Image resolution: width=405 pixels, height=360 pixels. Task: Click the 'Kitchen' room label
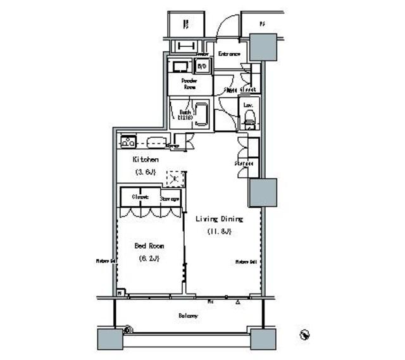pyautogui.click(x=145, y=161)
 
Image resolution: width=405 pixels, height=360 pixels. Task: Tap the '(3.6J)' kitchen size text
pyautogui.click(x=145, y=172)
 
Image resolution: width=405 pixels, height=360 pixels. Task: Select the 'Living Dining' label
pyautogui.click(x=218, y=219)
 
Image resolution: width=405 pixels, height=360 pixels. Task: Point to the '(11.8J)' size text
pyautogui.click(x=219, y=231)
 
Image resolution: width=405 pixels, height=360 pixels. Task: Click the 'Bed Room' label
pyautogui.click(x=149, y=246)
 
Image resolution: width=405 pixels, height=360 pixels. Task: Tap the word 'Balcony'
pyautogui.click(x=188, y=315)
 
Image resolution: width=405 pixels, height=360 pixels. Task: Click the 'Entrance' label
pyautogui.click(x=229, y=54)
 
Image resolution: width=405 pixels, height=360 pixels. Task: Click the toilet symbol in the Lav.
pyautogui.click(x=249, y=116)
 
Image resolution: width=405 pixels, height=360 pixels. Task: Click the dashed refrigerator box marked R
pyautogui.click(x=174, y=178)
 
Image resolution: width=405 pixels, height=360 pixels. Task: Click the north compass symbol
pyautogui.click(x=304, y=333)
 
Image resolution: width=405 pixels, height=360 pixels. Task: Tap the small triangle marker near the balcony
pyautogui.click(x=239, y=303)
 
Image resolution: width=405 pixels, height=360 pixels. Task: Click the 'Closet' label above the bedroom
pyautogui.click(x=140, y=197)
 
